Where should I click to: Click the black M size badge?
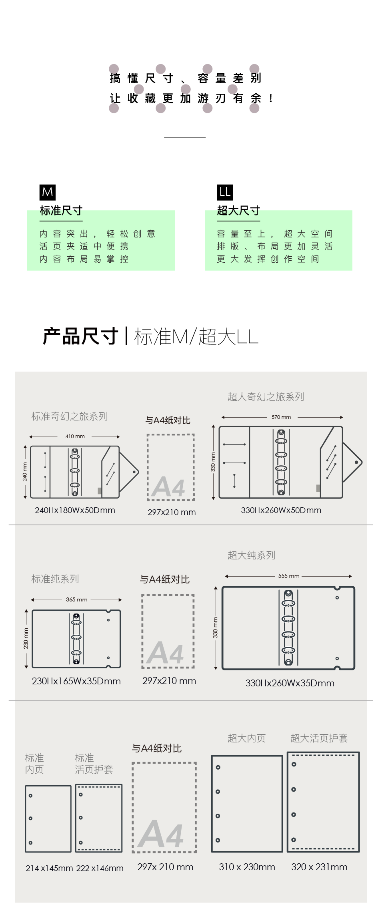pos(48,192)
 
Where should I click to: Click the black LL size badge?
pos(225,192)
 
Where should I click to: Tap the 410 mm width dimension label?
pos(75,436)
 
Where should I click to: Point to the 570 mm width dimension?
pos(281,417)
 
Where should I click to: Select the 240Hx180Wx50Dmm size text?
pos(75,510)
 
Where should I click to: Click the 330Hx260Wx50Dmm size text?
pos(281,510)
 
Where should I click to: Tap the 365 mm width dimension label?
pos(77,599)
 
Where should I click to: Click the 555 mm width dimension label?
pos(289,576)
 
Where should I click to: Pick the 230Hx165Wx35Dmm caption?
pos(76,681)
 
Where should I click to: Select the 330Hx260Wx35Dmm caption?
pos(290,683)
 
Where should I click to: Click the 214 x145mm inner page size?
pos(49,868)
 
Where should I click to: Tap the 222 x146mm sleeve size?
pos(100,868)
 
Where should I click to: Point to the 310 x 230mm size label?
pos(247,867)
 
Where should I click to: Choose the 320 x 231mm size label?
pos(319,867)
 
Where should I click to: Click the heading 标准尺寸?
pos(61,211)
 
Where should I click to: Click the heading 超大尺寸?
pos(238,211)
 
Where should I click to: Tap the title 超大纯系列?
pos(251,555)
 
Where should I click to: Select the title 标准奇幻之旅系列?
pos(70,416)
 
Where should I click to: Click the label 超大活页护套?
pos(319,738)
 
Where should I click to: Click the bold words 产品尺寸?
pos(80,336)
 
